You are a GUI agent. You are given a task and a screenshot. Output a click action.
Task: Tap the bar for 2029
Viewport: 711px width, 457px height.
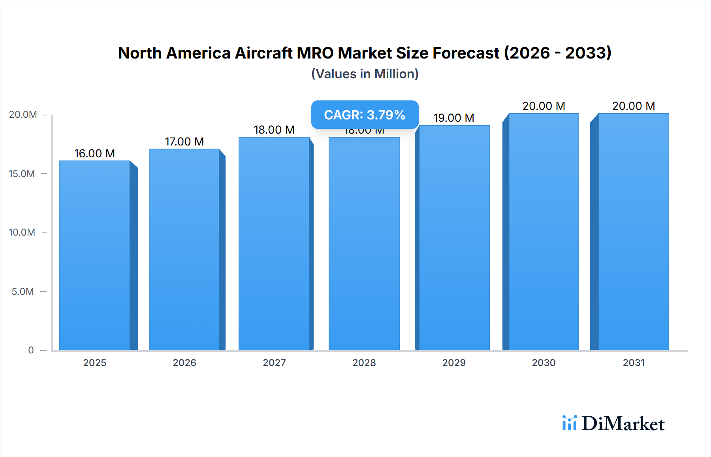454,238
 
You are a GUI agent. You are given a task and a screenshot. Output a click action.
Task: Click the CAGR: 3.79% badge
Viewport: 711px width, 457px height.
365,115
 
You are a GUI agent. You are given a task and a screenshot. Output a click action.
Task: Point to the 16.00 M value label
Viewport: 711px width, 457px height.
94,153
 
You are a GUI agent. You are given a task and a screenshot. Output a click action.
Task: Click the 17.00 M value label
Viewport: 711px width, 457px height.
184,142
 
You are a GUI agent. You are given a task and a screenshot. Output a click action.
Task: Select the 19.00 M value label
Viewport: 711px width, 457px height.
453,118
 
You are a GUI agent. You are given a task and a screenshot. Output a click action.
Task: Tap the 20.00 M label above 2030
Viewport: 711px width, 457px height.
544,106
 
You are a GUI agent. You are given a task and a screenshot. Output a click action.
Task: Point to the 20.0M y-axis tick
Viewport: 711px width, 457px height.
23,115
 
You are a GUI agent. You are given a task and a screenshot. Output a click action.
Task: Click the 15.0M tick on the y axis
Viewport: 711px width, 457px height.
22,174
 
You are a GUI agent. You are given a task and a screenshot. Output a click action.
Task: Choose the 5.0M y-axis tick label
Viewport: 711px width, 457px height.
23,291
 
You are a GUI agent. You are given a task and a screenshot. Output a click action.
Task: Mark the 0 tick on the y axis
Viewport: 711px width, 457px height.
31,350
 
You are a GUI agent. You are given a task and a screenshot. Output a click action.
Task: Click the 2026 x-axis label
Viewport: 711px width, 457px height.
184,363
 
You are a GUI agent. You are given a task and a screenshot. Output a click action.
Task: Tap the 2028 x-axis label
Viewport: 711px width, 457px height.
364,363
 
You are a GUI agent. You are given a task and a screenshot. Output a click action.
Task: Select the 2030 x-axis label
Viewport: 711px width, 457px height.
544,363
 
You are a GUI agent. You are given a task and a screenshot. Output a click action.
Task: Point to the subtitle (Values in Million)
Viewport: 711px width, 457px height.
365,74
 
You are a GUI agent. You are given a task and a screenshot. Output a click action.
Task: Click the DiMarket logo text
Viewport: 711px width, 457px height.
623,424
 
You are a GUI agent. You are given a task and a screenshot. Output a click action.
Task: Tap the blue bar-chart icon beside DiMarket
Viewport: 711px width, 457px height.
569,423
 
